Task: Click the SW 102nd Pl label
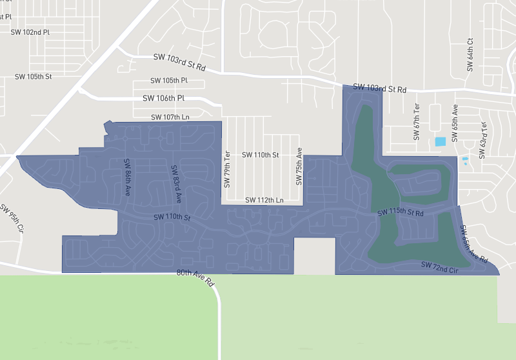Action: (x=30, y=32)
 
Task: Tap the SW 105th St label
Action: (x=33, y=76)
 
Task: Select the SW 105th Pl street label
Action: (x=168, y=81)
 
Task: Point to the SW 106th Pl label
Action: (x=163, y=98)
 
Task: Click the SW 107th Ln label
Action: (x=170, y=117)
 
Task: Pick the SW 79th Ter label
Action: (x=227, y=168)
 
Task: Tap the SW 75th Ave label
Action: (x=299, y=166)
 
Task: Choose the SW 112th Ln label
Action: (x=263, y=201)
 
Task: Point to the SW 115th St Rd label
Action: (x=401, y=212)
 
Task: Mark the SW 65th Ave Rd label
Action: (x=473, y=244)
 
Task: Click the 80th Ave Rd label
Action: (x=195, y=277)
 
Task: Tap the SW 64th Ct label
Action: (x=470, y=54)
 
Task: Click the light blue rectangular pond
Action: (x=441, y=141)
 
